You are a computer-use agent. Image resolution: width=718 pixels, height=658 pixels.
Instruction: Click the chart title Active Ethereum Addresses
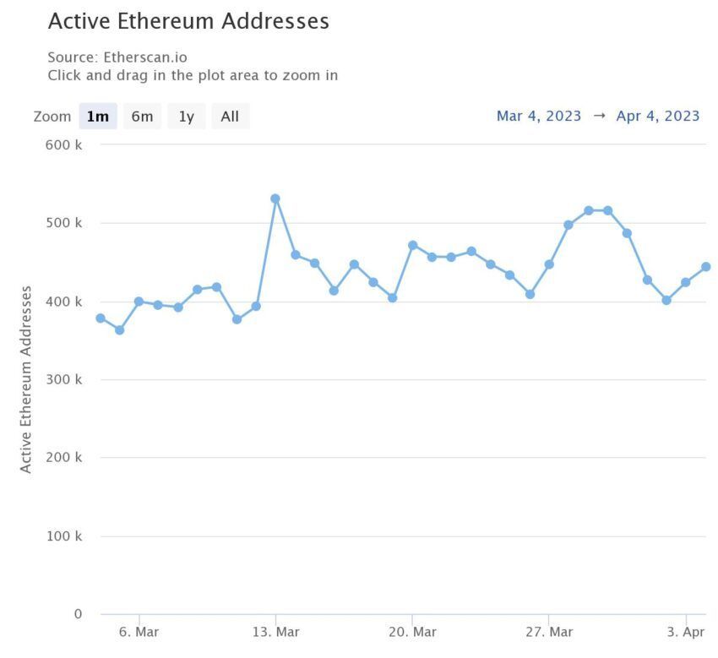coord(188,21)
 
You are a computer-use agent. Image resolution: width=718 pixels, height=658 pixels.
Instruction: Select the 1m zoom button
coord(98,117)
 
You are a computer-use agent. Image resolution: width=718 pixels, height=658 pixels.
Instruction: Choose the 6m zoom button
coord(142,117)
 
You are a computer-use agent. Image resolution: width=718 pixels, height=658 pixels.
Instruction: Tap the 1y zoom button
coord(186,117)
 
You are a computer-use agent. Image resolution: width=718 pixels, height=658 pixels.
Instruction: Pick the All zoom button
coord(230,117)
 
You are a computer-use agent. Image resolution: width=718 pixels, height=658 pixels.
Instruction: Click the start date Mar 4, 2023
coord(539,116)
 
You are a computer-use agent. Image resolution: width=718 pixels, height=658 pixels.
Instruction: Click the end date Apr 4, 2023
coord(658,116)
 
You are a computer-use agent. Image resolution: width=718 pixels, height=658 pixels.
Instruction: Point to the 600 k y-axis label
coord(64,144)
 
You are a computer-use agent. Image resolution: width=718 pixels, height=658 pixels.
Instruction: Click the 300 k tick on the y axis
coord(64,379)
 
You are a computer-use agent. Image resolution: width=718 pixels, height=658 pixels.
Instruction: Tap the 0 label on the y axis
coord(77,614)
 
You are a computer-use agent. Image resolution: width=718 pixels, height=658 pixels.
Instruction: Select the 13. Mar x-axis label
coord(275,632)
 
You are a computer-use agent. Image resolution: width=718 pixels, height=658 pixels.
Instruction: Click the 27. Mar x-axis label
coord(549,632)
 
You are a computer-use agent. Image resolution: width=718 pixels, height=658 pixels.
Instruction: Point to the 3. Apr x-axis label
coord(685,632)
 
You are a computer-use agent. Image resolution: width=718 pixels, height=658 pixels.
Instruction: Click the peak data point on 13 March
coord(275,198)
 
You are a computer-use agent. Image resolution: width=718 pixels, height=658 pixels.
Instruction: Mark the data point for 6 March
coord(139,302)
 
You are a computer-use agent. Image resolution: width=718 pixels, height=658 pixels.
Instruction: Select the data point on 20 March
coord(412,245)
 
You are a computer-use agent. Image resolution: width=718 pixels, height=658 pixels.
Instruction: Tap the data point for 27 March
coord(549,264)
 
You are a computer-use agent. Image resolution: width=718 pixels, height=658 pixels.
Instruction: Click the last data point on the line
coord(705,267)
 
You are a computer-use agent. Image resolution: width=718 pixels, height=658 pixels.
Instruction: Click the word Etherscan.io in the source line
coord(145,57)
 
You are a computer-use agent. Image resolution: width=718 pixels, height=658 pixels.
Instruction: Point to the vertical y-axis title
coord(26,379)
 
